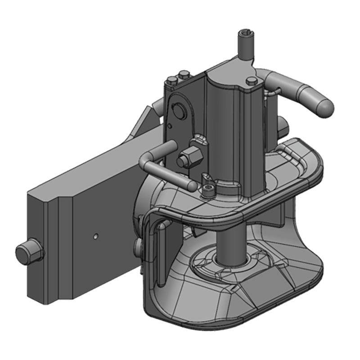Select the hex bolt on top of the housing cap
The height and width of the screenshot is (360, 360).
252,81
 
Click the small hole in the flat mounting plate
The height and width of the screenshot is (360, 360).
96,235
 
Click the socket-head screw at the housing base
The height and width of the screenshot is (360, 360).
207,189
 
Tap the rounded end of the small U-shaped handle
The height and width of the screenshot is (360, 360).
191,184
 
